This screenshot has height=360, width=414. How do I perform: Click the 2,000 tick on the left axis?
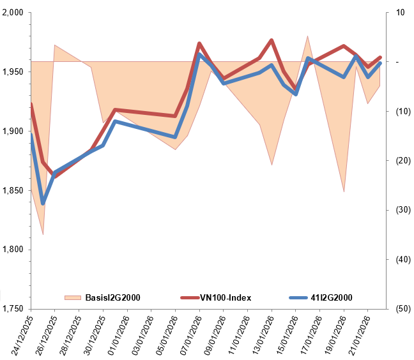(13, 13)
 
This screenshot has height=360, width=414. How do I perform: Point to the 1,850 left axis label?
(13, 190)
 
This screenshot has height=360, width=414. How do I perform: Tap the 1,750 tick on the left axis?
(13, 308)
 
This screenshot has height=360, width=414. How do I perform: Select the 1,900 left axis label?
(13, 131)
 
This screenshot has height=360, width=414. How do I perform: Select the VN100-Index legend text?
(226, 297)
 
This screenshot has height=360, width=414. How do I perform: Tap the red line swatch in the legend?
(190, 297)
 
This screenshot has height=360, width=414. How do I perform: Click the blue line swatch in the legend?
(298, 297)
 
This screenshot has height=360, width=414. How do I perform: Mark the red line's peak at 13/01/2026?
(272, 40)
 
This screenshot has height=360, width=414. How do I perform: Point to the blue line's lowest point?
(43, 203)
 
